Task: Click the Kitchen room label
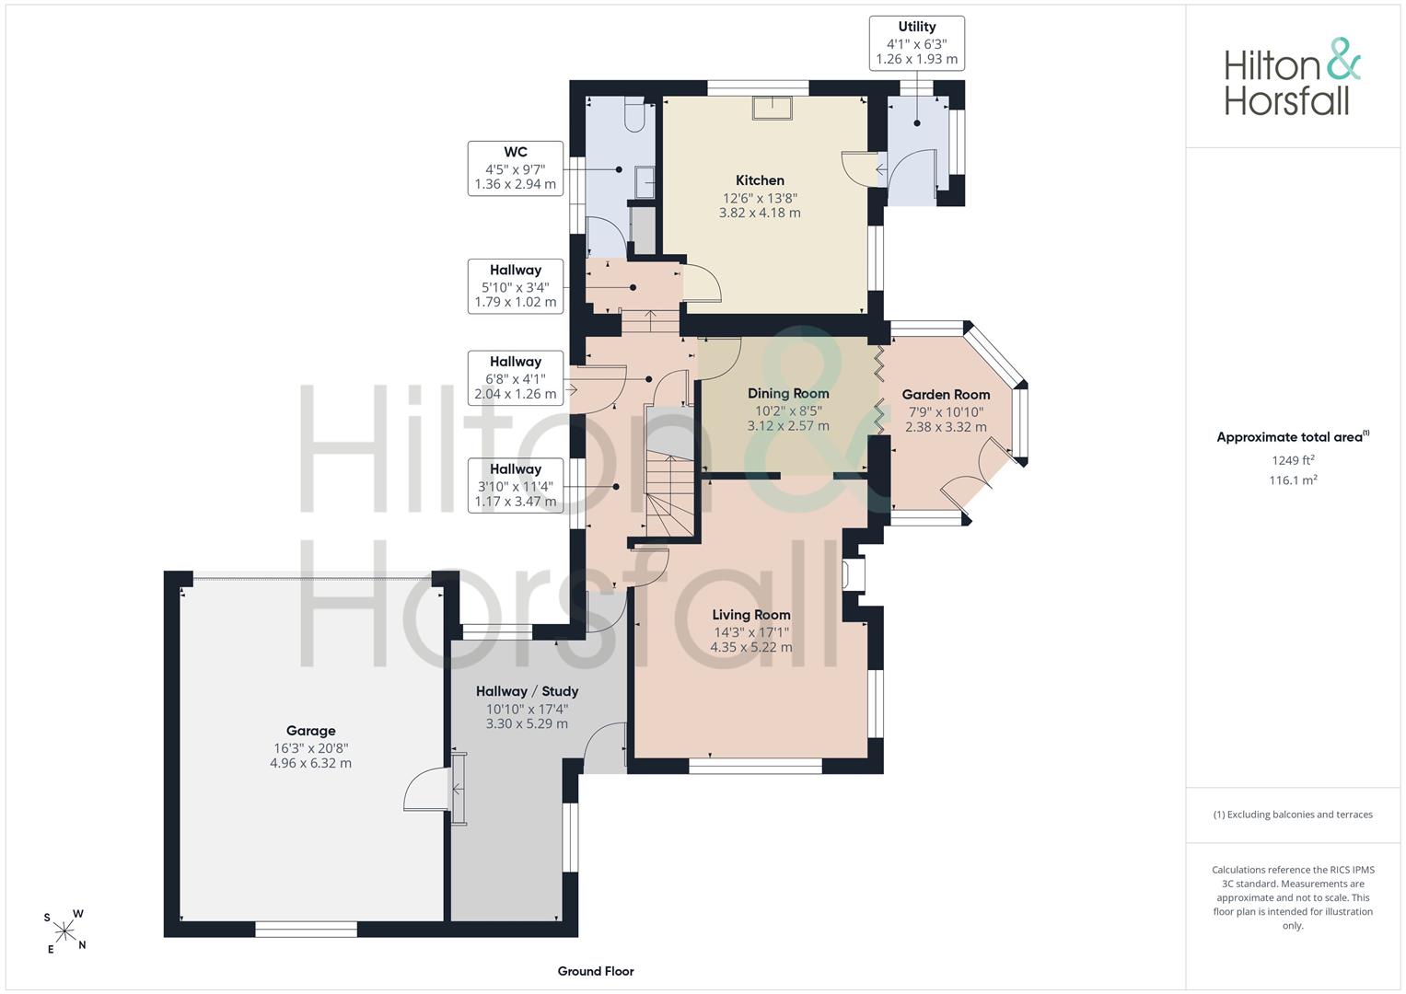coord(760,180)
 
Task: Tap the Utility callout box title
coord(916,27)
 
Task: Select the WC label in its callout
coord(516,152)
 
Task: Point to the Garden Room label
coord(946,395)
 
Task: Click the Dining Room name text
coord(788,394)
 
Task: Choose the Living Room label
coord(751,615)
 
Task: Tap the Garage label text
coord(310,731)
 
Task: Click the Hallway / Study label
coord(528,691)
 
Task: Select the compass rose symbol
coord(64,931)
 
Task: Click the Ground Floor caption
coord(596,971)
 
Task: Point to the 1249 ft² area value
coord(1293,460)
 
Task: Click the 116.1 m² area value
coord(1293,480)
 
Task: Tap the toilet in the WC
coord(634,113)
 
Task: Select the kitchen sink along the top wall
coord(772,108)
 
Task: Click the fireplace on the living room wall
coord(854,573)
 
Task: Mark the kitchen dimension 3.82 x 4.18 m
coord(760,213)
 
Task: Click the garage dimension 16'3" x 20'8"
coord(310,748)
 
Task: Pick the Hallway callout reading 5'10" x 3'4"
coord(516,286)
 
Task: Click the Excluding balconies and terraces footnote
coord(1293,815)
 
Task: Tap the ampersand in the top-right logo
coord(1342,59)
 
